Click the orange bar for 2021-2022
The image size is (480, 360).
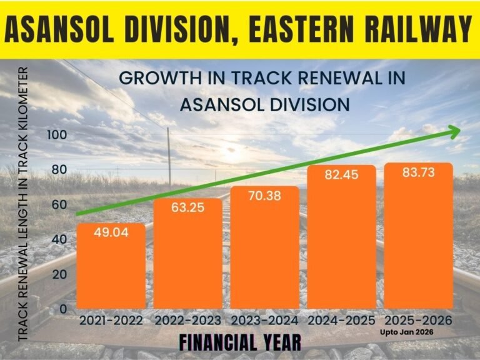click(111, 269)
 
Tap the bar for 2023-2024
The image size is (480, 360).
click(265, 250)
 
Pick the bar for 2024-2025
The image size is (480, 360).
click(341, 241)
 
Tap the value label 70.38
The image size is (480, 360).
click(265, 196)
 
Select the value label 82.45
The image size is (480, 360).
click(341, 175)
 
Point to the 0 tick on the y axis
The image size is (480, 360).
click(63, 309)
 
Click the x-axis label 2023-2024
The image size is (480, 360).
click(265, 321)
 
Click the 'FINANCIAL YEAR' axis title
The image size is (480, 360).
click(240, 342)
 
